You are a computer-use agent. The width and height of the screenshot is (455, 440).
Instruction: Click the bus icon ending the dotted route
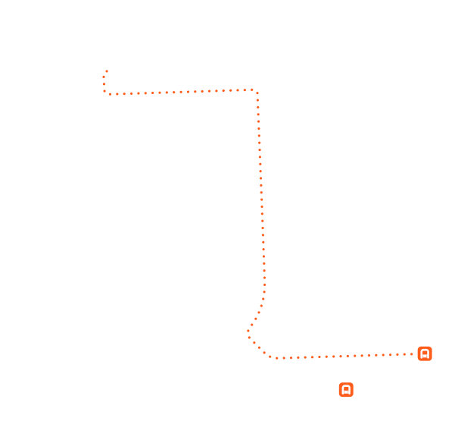pos(425,354)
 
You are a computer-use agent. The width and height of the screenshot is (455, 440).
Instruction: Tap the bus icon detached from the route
pos(346,390)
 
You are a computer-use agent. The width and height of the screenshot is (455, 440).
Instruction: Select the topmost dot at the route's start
pos(107,71)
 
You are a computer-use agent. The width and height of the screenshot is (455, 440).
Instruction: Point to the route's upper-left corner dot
pos(104,92)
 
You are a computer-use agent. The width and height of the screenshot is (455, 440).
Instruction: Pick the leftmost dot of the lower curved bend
pos(248,331)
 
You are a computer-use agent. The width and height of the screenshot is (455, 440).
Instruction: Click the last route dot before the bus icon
pos(413,354)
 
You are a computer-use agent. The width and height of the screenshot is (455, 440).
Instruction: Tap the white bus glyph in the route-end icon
pos(425,354)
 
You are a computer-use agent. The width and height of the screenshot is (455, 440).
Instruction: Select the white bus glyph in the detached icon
pos(346,390)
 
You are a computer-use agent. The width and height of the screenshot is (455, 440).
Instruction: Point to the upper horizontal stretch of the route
pos(182,92)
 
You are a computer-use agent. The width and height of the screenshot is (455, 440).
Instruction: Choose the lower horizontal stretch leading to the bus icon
pos(341,356)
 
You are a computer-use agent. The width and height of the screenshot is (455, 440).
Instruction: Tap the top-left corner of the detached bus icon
pos(340,384)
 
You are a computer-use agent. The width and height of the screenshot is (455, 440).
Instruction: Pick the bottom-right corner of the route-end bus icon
pos(431,360)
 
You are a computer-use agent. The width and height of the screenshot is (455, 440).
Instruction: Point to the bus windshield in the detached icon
pos(346,388)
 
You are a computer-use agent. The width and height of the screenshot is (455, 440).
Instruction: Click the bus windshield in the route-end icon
pos(425,352)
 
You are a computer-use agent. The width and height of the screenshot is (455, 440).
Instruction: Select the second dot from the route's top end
pos(104,77)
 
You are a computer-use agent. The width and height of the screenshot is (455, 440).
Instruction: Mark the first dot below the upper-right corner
pos(257,99)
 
